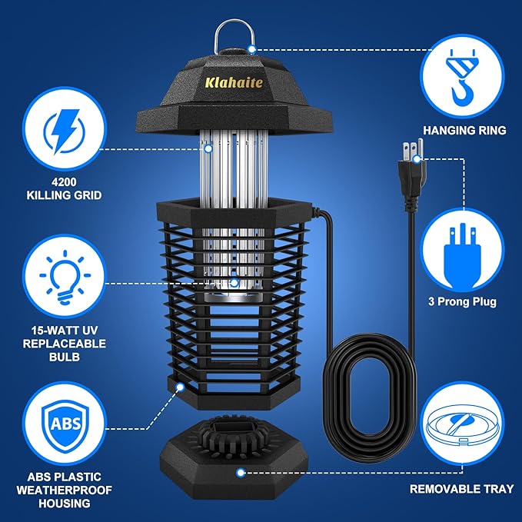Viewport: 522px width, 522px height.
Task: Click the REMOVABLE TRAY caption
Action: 463,488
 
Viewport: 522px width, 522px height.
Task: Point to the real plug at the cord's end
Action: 413,158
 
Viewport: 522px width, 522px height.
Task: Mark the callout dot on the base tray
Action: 241,474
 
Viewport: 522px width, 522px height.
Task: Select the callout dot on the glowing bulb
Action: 233,283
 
